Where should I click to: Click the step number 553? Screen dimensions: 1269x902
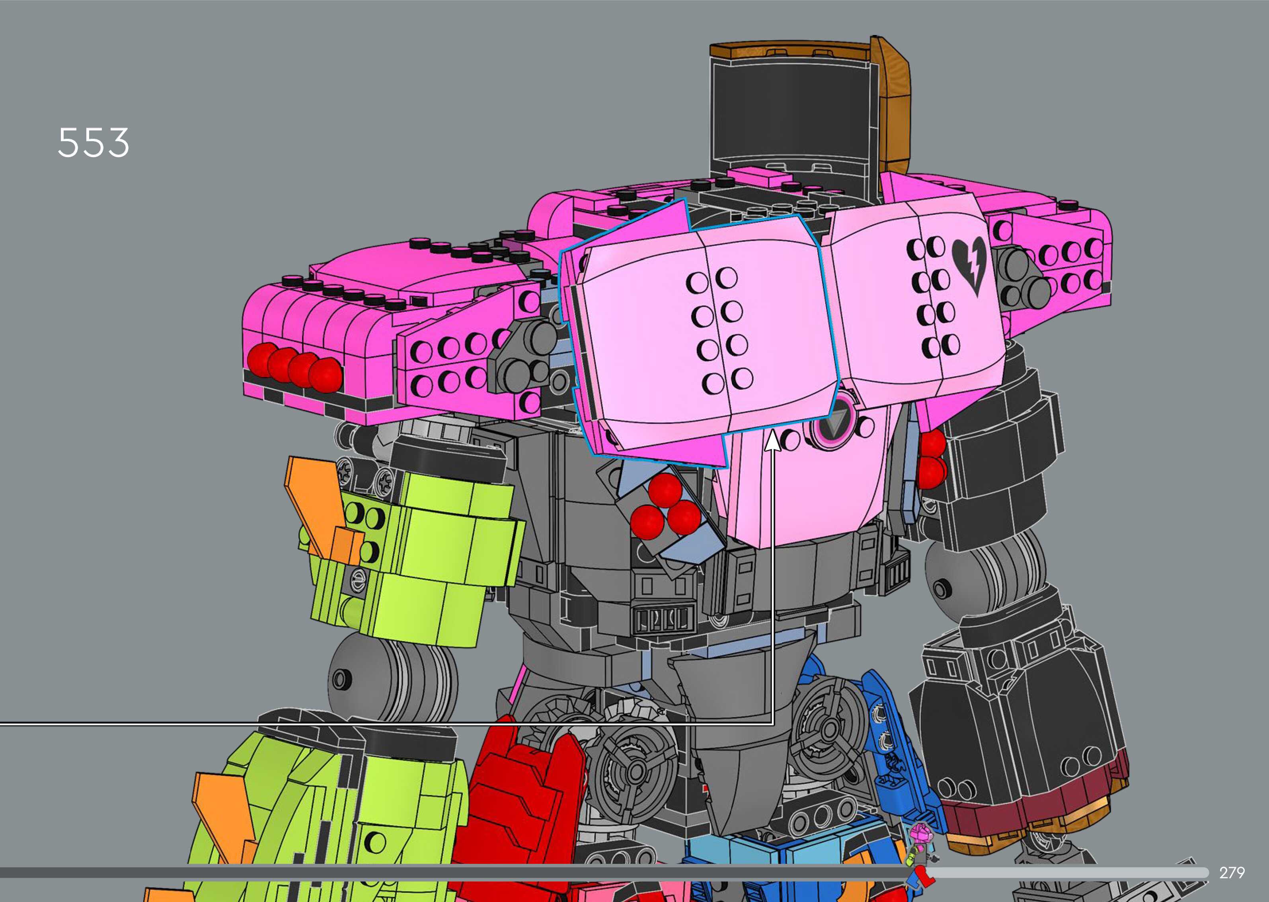[x=94, y=143]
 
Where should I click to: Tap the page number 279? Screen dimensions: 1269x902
[x=1232, y=873]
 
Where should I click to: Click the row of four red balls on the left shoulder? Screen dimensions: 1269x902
[x=295, y=365]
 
